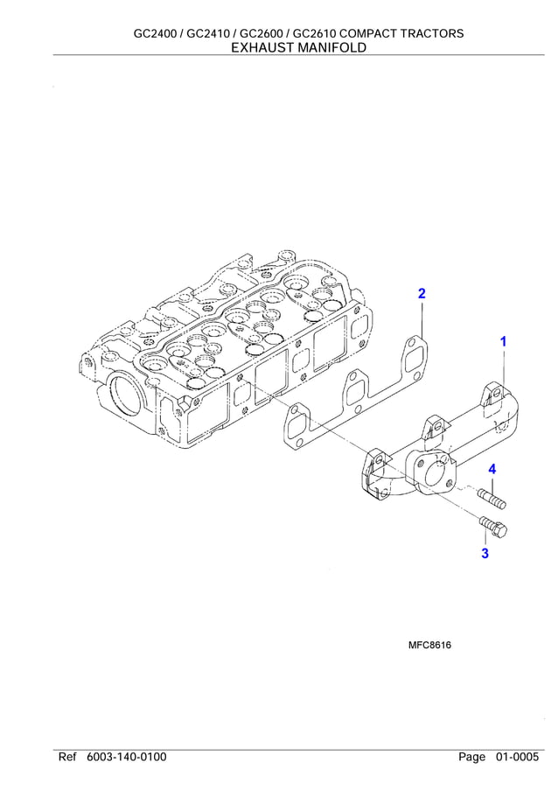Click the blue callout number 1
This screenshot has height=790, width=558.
pyautogui.click(x=503, y=342)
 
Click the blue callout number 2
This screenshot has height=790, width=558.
pyautogui.click(x=422, y=294)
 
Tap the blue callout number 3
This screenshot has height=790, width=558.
pyautogui.click(x=485, y=553)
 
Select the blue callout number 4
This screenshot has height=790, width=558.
pyautogui.click(x=492, y=470)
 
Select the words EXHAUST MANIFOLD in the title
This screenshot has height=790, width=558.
pyautogui.click(x=298, y=48)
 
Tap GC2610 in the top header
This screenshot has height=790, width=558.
pyautogui.click(x=317, y=33)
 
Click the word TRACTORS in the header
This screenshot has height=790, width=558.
pyautogui.click(x=431, y=33)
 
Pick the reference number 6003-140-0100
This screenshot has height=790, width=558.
pyautogui.click(x=127, y=757)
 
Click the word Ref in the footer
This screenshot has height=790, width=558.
pyautogui.click(x=68, y=757)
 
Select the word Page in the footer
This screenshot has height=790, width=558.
pyautogui.click(x=471, y=757)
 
